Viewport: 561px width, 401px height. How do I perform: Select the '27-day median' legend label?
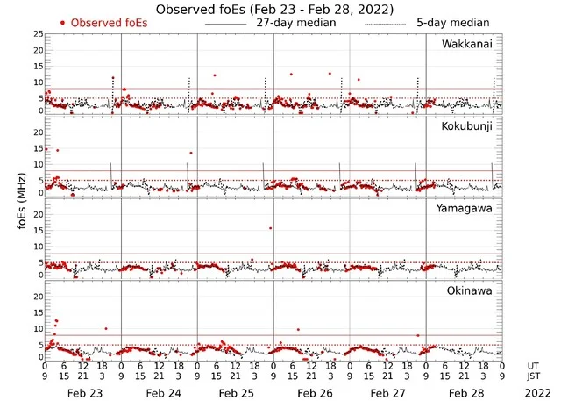296,22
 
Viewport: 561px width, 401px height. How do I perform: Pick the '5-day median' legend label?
453,22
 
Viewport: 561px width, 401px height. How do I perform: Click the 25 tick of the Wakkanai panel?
38,34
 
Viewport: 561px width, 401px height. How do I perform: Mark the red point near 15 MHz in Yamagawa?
270,228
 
